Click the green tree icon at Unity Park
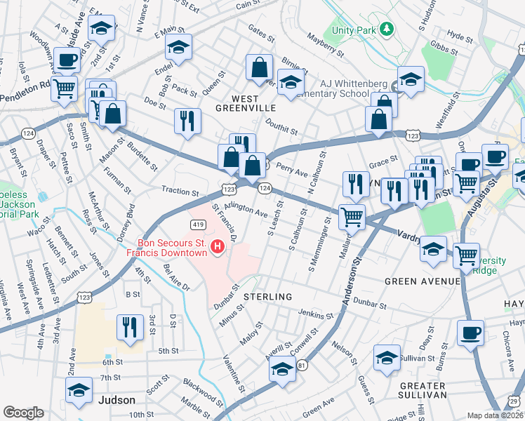(x=385, y=29)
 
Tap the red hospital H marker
(x=218, y=246)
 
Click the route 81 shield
(x=302, y=366)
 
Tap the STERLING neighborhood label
(x=267, y=297)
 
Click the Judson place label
(x=116, y=400)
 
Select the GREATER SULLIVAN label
(x=423, y=390)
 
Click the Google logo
(x=23, y=413)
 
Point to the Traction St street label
(x=180, y=190)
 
